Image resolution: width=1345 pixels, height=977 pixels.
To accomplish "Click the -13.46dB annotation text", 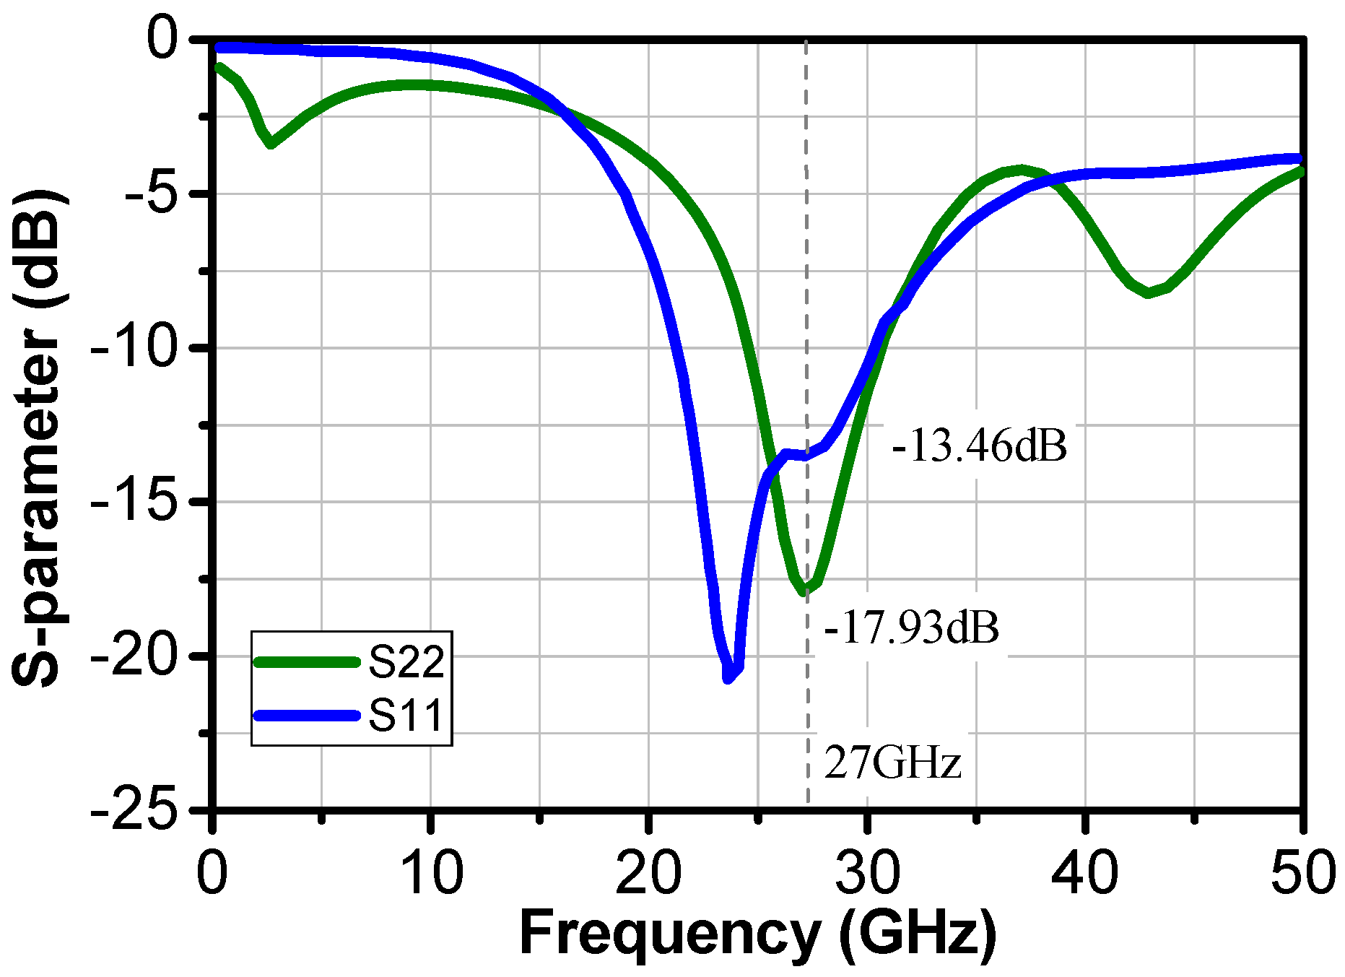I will (x=980, y=446).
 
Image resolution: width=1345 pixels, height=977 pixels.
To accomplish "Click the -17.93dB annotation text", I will (x=911, y=628).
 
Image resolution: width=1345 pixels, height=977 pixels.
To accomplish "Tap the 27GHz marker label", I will (x=892, y=763).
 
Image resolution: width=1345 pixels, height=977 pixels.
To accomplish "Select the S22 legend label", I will (x=406, y=661).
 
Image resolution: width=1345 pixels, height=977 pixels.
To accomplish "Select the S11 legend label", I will (x=406, y=716).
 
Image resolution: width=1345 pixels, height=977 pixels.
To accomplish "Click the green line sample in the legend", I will (x=308, y=661).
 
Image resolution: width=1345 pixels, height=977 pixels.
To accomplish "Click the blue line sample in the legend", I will (x=308, y=716).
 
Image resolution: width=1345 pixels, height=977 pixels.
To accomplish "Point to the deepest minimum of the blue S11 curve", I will (x=728, y=678).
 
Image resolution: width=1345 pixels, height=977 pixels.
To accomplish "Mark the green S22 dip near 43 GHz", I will (x=1148, y=293).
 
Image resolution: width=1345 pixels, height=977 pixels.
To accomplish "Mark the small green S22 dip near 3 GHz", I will (x=271, y=144).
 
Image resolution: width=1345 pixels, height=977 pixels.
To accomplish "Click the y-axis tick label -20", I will (x=134, y=656).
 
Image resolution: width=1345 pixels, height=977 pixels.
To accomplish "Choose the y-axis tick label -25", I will (x=134, y=810).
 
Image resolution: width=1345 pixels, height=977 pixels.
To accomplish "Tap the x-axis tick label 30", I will (x=867, y=872).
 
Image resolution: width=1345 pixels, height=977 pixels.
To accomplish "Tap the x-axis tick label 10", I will (x=430, y=872).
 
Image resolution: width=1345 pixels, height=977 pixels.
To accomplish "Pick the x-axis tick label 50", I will (x=1302, y=872).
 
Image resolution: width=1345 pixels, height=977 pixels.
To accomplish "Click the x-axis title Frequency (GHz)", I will (x=758, y=934).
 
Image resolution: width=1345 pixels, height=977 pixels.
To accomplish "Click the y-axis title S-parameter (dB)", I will (x=40, y=438).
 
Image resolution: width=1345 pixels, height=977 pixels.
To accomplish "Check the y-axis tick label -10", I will (x=134, y=347).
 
